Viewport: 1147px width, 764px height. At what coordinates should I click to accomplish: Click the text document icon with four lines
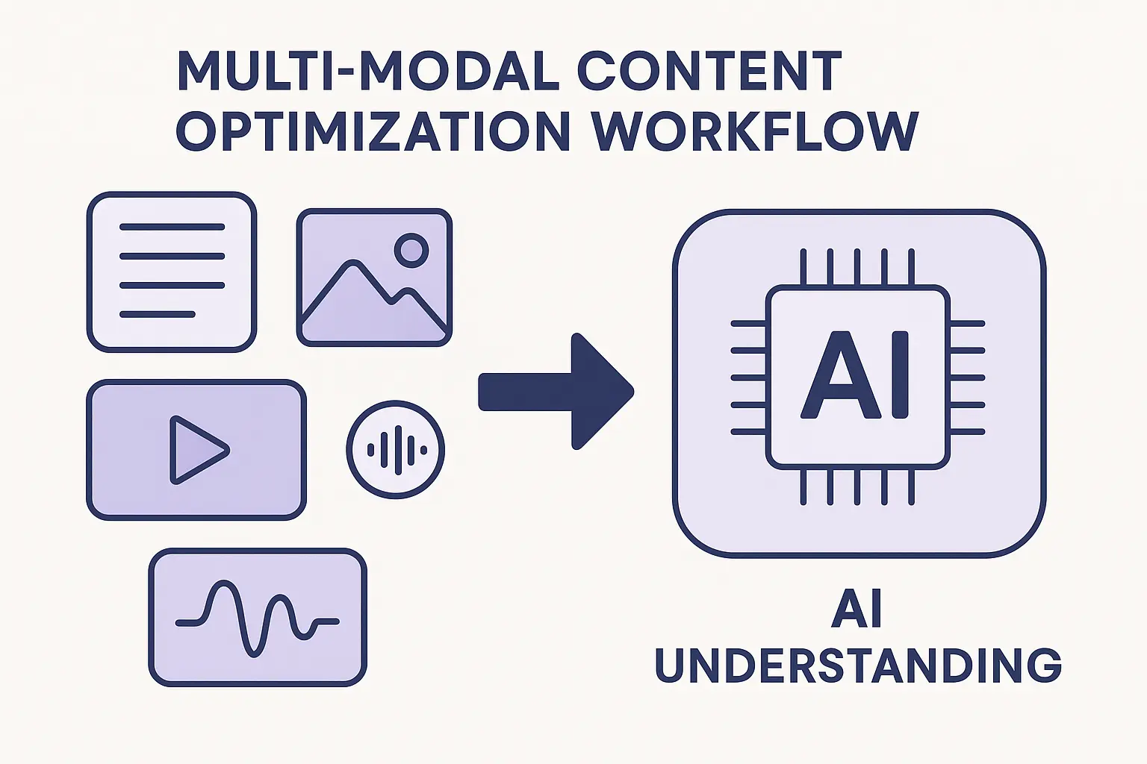point(172,272)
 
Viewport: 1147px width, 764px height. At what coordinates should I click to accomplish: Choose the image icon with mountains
point(374,278)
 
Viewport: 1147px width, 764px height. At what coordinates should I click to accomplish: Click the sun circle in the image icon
point(411,249)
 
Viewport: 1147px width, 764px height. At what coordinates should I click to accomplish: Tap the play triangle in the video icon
point(196,450)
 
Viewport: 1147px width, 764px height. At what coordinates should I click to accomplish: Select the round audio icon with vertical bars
point(396,449)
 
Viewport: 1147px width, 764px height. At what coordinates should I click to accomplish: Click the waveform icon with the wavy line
point(258,617)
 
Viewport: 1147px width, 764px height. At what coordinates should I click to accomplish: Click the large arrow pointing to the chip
point(556,392)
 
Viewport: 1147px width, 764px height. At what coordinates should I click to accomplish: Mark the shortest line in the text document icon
point(158,314)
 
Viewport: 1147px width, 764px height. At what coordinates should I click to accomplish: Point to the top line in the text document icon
point(172,227)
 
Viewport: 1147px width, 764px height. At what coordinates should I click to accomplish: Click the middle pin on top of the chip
point(857,266)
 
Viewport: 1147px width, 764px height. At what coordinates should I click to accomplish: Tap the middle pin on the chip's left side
point(748,378)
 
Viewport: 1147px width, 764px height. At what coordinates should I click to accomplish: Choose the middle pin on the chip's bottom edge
point(857,486)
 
